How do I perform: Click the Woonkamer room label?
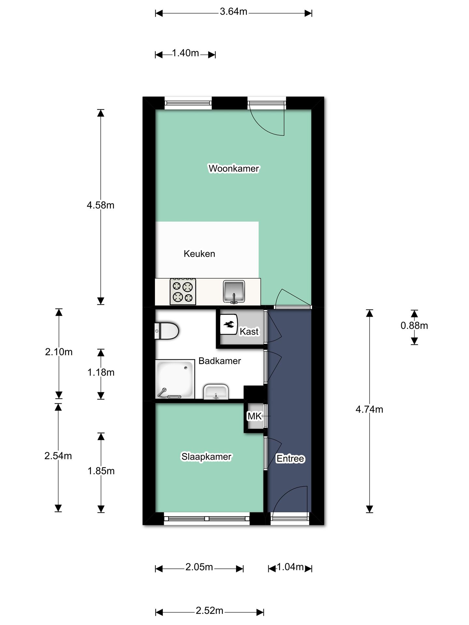234,168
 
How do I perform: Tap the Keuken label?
199,254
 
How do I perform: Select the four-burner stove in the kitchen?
183,291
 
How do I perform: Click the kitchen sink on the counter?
234,291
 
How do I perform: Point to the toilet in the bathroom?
166,331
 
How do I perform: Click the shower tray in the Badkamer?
175,379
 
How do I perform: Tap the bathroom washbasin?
216,392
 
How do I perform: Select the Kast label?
249,331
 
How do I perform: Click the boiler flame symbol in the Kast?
229,324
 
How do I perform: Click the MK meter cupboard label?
254,416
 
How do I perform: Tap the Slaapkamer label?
206,457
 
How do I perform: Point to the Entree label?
290,458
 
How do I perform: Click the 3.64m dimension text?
234,12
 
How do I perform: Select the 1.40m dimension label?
185,53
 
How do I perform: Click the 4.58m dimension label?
100,205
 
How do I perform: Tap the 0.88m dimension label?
414,326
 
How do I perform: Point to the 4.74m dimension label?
369,410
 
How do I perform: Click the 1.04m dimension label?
290,567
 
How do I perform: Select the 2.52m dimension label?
209,611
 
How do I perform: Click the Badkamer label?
220,361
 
